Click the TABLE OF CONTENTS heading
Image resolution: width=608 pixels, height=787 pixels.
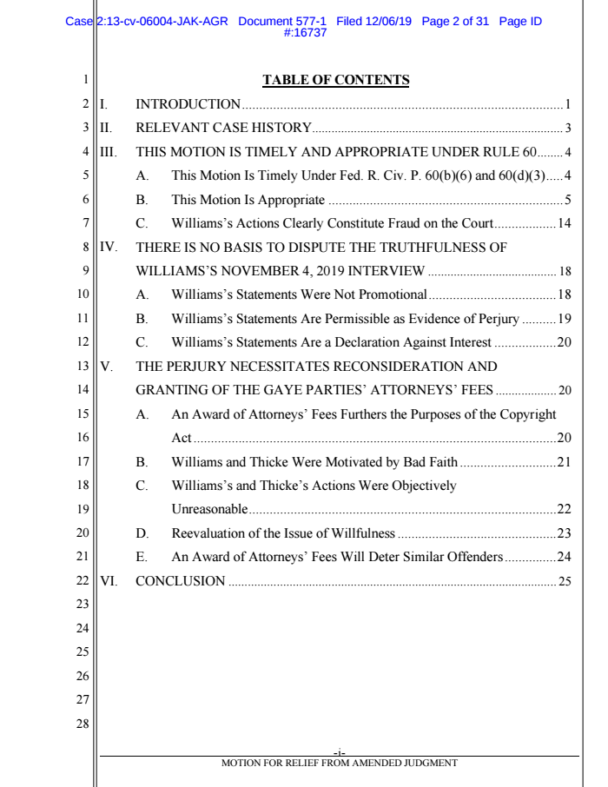coord(335,81)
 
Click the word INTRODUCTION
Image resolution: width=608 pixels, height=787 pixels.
coord(188,105)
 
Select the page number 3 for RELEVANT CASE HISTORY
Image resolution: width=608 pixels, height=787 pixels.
coord(567,129)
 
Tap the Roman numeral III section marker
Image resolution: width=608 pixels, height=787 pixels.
coord(109,152)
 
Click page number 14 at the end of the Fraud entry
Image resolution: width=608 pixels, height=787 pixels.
coord(564,223)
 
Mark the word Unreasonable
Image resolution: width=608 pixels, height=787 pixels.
coord(209,509)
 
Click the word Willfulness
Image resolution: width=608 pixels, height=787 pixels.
coord(361,532)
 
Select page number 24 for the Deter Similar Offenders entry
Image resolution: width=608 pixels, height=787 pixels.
coord(564,556)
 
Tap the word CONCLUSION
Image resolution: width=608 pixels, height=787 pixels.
coord(181,580)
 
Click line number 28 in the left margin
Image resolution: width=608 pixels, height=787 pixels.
coord(83,723)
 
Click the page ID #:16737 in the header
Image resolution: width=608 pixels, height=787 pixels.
coord(303,33)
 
